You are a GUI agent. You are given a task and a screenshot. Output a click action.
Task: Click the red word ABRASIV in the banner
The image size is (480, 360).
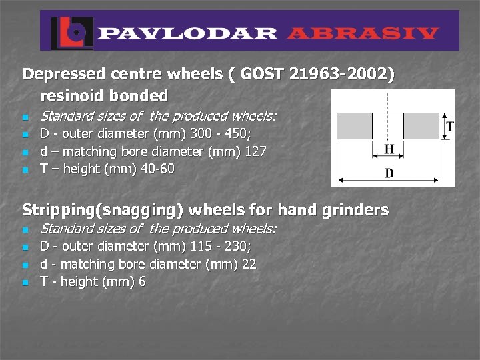point(364,33)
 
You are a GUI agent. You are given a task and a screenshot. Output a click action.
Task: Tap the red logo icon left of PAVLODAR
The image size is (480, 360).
point(70,31)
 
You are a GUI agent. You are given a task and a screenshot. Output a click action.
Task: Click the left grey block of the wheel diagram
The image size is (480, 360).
point(354,125)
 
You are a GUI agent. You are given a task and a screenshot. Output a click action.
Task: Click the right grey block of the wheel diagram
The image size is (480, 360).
point(421,125)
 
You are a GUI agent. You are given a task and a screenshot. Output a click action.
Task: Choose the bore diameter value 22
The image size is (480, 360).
point(249,264)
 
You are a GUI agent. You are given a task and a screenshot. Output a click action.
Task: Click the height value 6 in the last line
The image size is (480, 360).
point(142,282)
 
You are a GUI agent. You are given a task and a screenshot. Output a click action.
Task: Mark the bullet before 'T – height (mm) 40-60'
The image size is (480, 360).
point(26,170)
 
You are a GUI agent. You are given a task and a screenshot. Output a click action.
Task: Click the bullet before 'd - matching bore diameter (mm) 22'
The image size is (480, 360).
point(26,265)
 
